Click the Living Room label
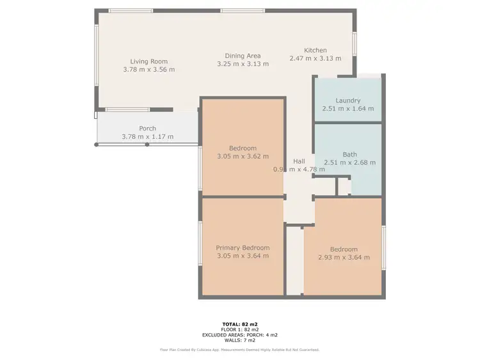click(148, 61)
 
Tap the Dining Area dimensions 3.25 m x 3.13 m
click(243, 63)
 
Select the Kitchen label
click(315, 51)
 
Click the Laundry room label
click(348, 100)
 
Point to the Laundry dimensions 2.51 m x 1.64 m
click(348, 109)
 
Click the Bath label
click(349, 154)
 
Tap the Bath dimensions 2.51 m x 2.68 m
click(350, 162)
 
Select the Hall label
click(299, 161)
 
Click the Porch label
click(147, 129)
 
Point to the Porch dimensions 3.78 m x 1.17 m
click(147, 137)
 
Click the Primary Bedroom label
click(243, 248)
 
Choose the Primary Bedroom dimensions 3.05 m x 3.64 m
click(243, 256)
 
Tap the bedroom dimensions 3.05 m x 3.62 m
click(243, 156)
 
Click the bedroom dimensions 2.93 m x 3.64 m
click(344, 258)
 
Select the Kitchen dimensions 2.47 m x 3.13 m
click(315, 58)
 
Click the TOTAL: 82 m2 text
click(239, 324)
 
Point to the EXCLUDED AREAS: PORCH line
click(239, 334)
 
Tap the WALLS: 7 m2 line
click(239, 340)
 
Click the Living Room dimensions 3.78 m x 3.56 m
click(148, 70)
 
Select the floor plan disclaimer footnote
click(239, 350)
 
